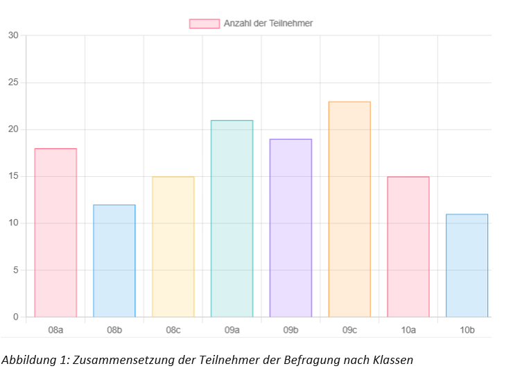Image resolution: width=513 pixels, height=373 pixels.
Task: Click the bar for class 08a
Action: click(55, 232)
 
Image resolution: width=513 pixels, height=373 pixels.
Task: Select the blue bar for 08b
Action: click(114, 261)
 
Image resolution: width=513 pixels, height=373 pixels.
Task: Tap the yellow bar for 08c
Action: click(173, 246)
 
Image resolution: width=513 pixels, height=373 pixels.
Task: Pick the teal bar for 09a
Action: click(232, 218)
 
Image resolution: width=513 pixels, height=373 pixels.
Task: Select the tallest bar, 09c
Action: click(349, 209)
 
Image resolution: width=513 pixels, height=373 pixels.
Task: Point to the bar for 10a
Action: click(408, 246)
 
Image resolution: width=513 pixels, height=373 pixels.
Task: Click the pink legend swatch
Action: click(205, 24)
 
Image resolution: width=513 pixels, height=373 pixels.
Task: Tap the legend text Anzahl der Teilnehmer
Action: click(268, 24)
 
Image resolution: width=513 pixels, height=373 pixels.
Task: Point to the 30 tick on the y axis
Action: click(13, 35)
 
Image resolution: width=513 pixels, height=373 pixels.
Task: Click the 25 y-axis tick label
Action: click(13, 83)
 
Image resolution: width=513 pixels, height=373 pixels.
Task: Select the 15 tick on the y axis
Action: click(13, 176)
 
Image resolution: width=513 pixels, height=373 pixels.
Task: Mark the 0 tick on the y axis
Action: click(15, 317)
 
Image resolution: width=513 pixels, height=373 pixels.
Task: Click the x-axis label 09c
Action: click(349, 330)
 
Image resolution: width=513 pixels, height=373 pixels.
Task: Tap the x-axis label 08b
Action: click(114, 330)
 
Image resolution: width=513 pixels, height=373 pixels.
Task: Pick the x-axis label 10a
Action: click(408, 330)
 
